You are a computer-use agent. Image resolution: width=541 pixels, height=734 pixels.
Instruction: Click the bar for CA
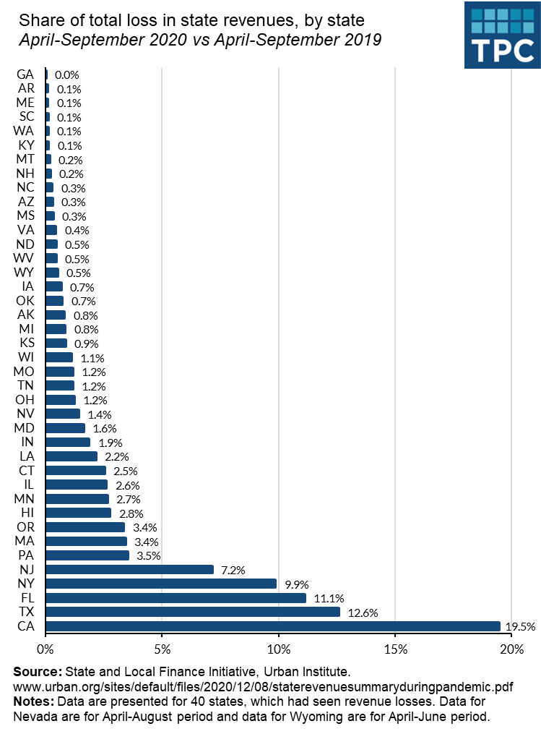coord(273,626)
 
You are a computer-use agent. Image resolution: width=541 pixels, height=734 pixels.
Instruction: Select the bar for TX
coord(193,612)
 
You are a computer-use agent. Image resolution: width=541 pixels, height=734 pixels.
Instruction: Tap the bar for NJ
coord(130,570)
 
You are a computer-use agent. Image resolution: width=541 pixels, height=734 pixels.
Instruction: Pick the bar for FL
coord(176,598)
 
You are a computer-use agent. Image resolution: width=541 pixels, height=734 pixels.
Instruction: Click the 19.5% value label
coord(520,627)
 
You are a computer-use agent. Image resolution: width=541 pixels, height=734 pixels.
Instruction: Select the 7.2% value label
coord(233,570)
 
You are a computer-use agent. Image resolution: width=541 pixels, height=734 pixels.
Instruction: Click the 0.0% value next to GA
coord(67,74)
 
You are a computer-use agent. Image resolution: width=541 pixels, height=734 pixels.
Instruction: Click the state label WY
coord(24,273)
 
